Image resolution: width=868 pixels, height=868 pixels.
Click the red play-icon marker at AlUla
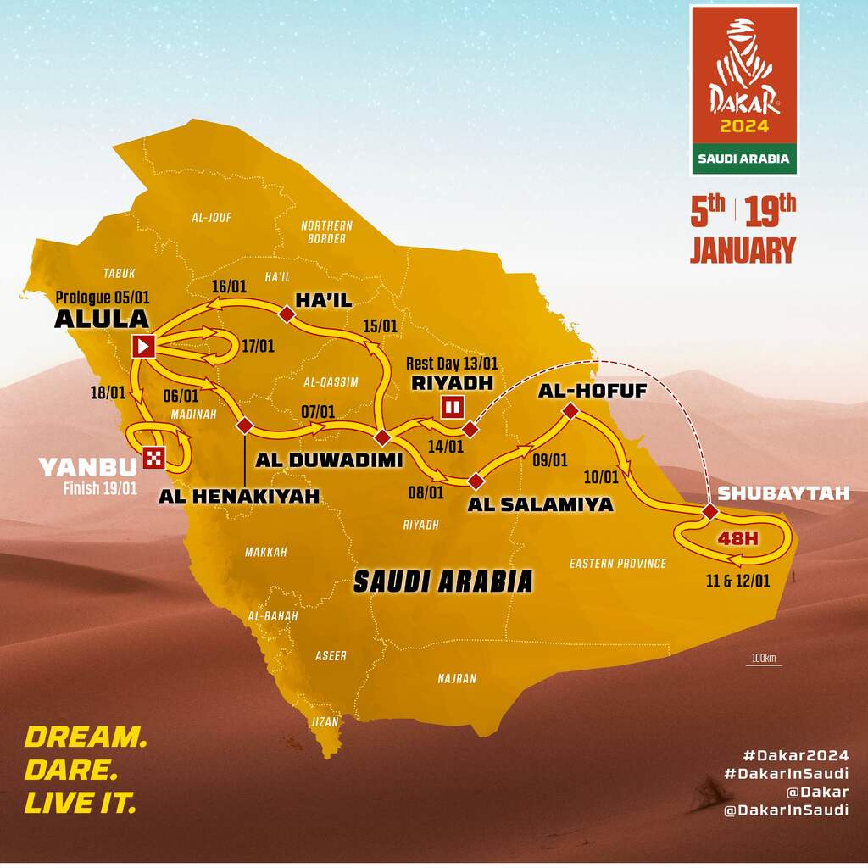click(x=144, y=345)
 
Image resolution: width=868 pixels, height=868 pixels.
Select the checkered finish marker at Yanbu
click(x=154, y=457)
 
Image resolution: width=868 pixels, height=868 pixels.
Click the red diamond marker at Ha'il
click(x=287, y=314)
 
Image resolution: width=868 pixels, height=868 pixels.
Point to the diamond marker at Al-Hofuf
click(x=570, y=411)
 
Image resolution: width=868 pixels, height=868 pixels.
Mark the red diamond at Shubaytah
click(x=709, y=512)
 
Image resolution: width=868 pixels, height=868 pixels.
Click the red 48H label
click(x=735, y=537)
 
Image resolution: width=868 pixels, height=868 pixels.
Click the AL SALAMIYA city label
click(x=539, y=505)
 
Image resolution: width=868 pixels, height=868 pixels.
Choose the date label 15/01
click(x=379, y=325)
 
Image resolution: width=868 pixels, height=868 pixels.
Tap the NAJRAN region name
click(x=457, y=678)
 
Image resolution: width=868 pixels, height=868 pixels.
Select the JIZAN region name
click(x=325, y=722)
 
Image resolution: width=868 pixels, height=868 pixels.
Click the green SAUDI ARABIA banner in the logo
click(x=744, y=158)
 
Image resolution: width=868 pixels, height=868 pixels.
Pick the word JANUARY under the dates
click(x=743, y=251)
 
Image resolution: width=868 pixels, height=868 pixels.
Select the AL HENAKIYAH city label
click(x=239, y=496)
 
